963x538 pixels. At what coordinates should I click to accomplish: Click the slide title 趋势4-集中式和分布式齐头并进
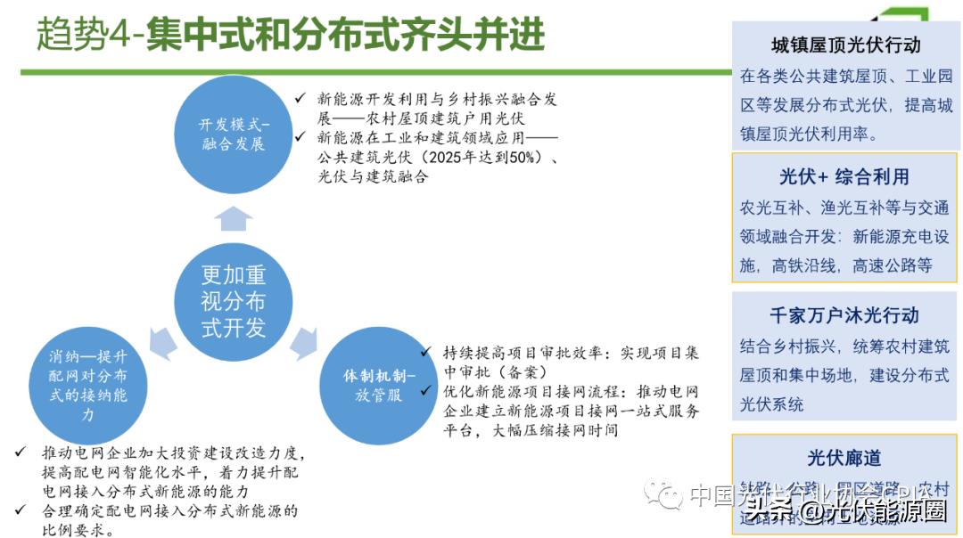coord(291,35)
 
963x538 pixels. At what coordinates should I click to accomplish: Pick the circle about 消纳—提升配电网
coord(88,384)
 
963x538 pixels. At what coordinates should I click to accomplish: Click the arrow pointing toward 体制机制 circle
coord(303,341)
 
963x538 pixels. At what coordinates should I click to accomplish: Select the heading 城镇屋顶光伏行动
coord(845,45)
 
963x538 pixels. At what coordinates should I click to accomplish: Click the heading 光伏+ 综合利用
coord(844,176)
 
